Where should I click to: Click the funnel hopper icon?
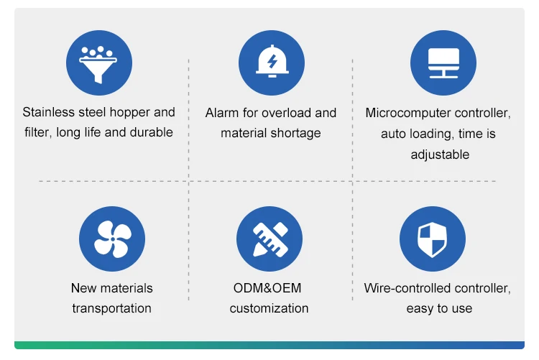[x=98, y=63]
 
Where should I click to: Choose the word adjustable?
[x=440, y=154]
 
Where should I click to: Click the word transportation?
[x=111, y=308]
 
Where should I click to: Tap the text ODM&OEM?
[x=267, y=288]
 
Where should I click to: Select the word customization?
[x=269, y=308]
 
